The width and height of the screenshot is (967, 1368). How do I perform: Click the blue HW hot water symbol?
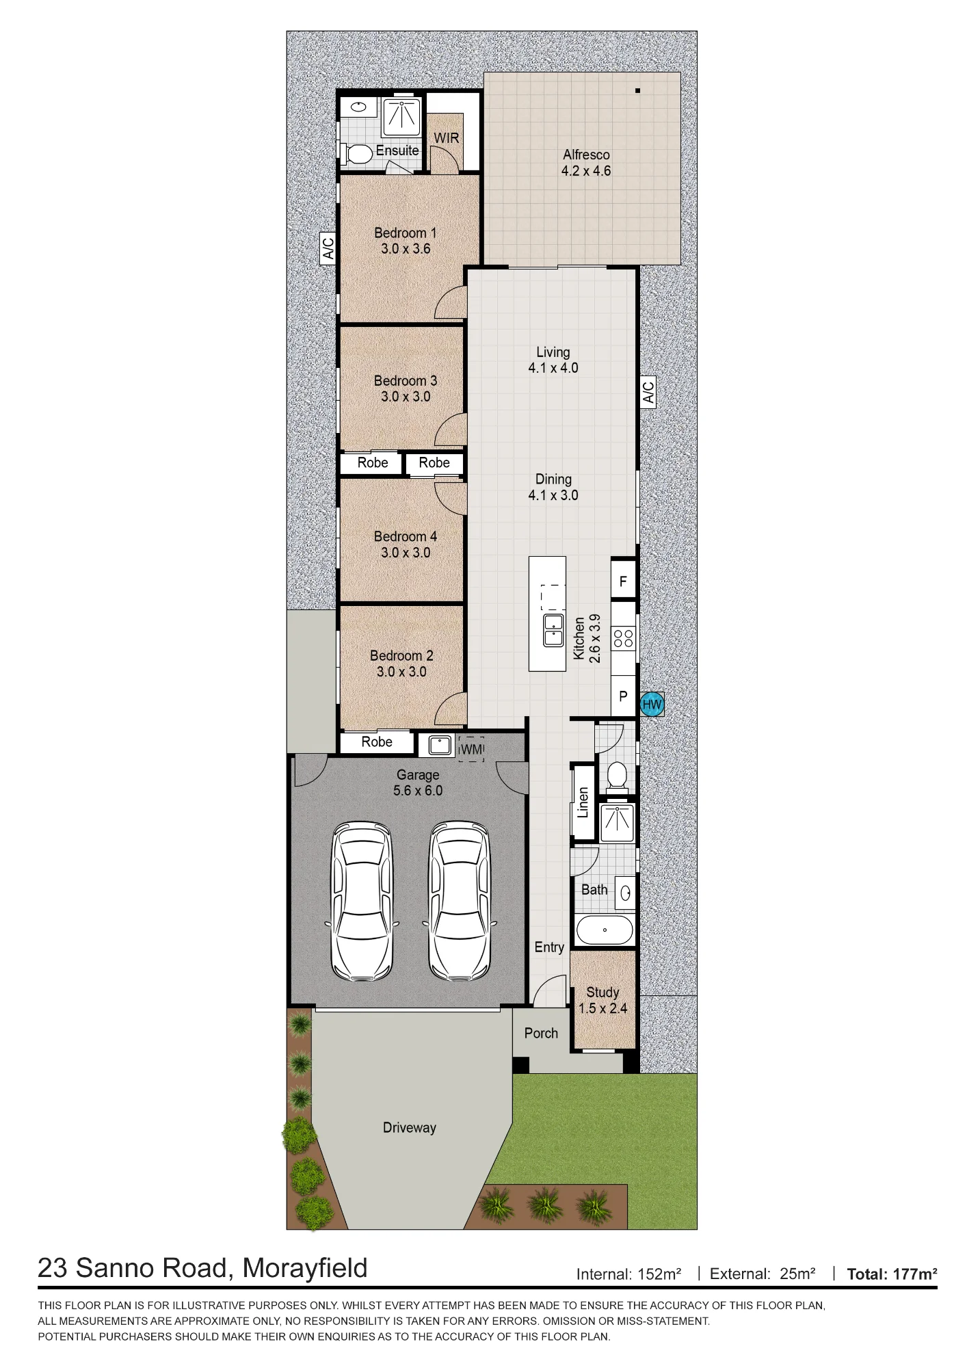pyautogui.click(x=652, y=705)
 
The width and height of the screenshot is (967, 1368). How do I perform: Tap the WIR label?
pyautogui.click(x=447, y=138)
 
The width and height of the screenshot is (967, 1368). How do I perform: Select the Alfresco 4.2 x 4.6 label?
pyautogui.click(x=586, y=163)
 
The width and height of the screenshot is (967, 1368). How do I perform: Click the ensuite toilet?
pyautogui.click(x=356, y=154)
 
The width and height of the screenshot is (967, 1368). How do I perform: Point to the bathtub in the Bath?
pyautogui.click(x=605, y=930)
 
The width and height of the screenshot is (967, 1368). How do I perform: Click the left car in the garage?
pyautogui.click(x=362, y=901)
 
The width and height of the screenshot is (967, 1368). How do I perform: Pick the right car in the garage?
pyautogui.click(x=459, y=901)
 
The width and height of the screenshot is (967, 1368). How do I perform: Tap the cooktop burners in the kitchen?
pyautogui.click(x=623, y=639)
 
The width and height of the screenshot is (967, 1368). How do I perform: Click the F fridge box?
pyautogui.click(x=623, y=581)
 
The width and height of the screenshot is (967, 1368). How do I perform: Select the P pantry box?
pyautogui.click(x=623, y=696)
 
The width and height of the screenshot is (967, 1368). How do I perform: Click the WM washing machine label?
pyautogui.click(x=472, y=749)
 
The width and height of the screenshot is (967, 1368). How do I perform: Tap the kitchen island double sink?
pyautogui.click(x=553, y=630)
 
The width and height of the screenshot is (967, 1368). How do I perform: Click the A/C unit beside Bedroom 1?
pyautogui.click(x=328, y=248)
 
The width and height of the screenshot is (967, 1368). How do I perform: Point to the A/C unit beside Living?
pyautogui.click(x=648, y=392)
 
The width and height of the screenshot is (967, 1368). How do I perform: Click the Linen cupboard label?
pyautogui.click(x=583, y=802)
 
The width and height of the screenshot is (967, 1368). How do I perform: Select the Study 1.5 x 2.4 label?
pyautogui.click(x=602, y=1000)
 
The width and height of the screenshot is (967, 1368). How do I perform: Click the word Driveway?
pyautogui.click(x=409, y=1128)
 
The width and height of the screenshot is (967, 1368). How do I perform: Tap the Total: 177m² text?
pyautogui.click(x=892, y=1274)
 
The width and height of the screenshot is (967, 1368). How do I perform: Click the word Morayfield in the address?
pyautogui.click(x=305, y=1268)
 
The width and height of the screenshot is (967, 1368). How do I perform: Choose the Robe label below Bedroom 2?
pyautogui.click(x=377, y=741)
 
